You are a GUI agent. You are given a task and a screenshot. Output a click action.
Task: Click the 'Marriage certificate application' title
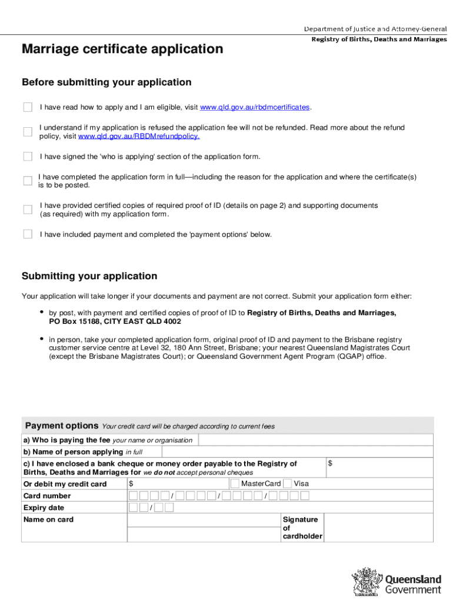tap(122, 49)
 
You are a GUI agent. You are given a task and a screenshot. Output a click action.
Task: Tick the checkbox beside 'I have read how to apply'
tap(28, 107)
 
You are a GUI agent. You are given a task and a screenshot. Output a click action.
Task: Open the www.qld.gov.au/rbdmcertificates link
tap(255, 107)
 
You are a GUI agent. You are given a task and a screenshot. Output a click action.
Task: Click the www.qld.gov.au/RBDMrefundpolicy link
tap(139, 136)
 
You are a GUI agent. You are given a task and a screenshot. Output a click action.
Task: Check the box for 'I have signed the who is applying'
tap(28, 156)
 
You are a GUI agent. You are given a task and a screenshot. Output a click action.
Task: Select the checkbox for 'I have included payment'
tap(28, 234)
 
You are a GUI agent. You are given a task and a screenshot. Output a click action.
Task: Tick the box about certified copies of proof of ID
tap(28, 209)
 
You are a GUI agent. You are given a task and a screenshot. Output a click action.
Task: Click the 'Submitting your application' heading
tap(89, 276)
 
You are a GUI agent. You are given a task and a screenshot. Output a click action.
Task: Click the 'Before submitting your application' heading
tap(106, 82)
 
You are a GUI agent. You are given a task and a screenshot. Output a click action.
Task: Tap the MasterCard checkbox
tap(235, 483)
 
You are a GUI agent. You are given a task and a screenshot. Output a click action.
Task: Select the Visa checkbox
tap(287, 483)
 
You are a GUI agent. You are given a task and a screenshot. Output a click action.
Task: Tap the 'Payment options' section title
tap(61, 426)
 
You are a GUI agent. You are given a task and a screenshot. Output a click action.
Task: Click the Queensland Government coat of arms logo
tap(366, 582)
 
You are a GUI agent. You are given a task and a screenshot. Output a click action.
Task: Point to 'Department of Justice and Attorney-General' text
tap(375, 29)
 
